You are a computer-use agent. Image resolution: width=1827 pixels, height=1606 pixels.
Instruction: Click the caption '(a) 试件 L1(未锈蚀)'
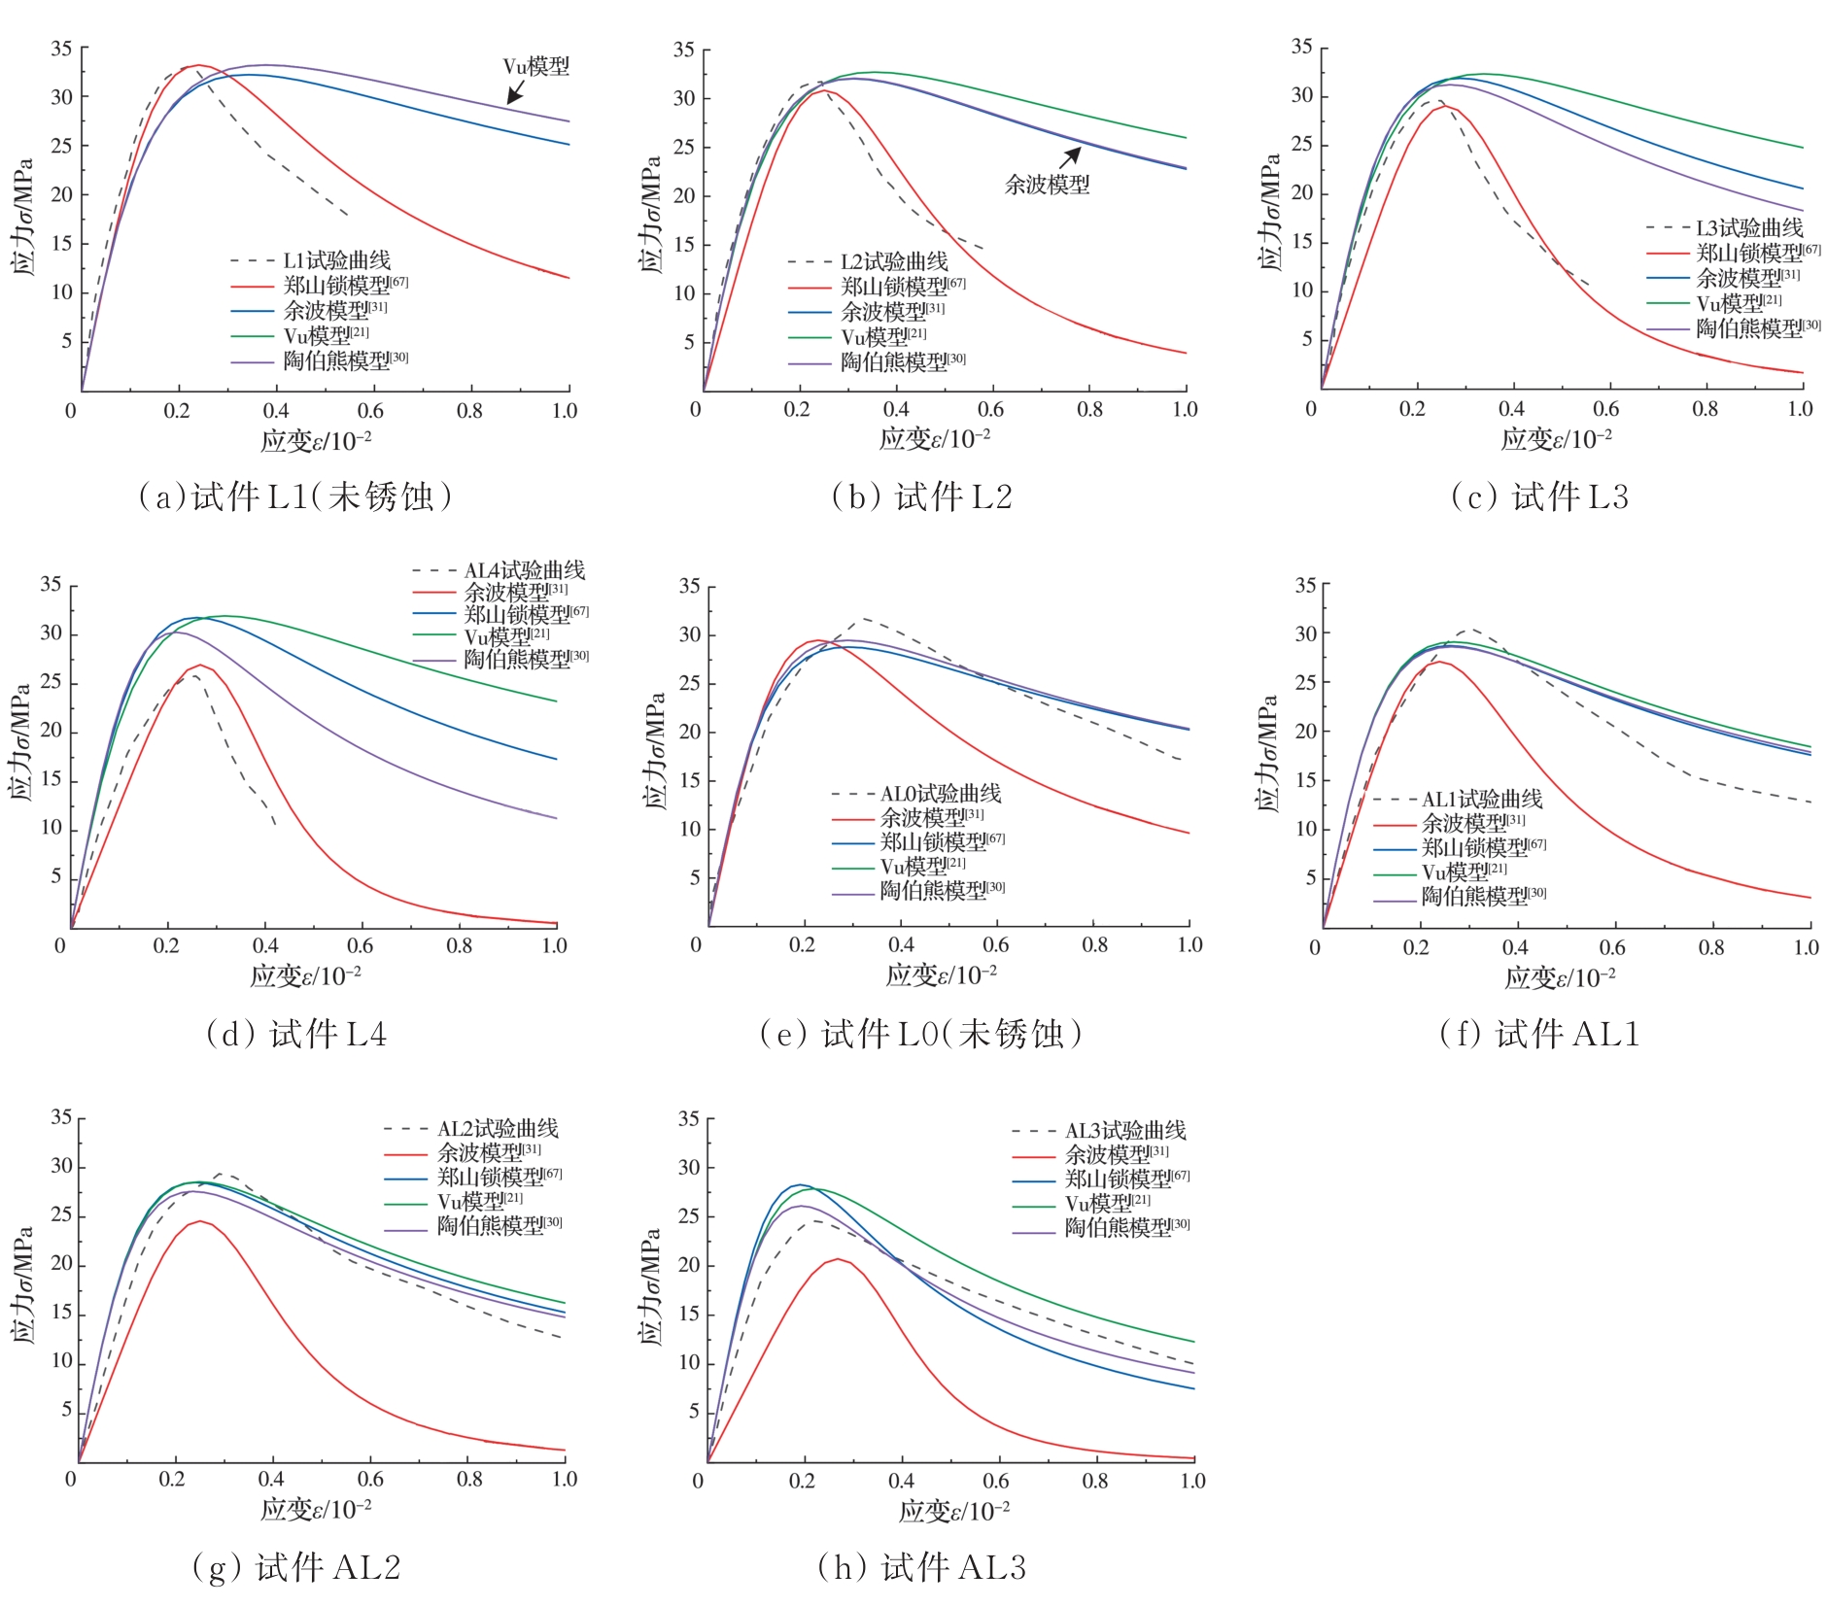296,496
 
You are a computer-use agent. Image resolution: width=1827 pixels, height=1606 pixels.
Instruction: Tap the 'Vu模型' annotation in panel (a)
535,66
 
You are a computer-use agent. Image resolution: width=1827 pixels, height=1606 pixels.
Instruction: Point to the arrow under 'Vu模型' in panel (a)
516,91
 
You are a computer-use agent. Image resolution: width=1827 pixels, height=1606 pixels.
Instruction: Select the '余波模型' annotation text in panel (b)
1047,184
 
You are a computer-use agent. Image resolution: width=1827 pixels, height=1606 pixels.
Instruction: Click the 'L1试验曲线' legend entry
336,260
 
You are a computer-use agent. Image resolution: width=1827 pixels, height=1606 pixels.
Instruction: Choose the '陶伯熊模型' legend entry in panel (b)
903,361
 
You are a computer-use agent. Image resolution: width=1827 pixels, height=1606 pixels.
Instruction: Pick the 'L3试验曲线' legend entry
1748,228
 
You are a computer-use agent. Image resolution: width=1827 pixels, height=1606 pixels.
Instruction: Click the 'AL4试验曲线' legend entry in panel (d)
525,570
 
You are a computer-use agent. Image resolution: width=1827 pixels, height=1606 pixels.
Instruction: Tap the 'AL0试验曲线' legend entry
940,794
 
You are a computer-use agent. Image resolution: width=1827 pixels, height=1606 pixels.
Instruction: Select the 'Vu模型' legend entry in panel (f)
1464,871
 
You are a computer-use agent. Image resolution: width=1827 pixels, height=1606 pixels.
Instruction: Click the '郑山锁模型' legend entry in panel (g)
499,1177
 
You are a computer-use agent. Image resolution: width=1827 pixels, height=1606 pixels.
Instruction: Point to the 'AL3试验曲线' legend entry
1125,1130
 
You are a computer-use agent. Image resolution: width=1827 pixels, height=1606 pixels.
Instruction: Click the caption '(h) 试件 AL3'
922,1567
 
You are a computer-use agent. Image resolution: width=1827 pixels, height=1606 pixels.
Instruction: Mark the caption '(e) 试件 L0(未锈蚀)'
921,1034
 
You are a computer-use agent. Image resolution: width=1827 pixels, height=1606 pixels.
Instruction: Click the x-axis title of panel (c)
1556,439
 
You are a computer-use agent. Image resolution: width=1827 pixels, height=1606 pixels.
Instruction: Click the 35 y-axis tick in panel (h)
688,1119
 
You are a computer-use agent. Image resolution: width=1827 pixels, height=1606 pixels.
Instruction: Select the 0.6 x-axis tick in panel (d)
361,945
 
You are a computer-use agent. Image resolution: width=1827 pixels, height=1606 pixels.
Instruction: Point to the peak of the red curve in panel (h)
837,1259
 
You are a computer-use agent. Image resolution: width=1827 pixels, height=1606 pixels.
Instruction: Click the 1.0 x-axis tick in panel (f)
1806,947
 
